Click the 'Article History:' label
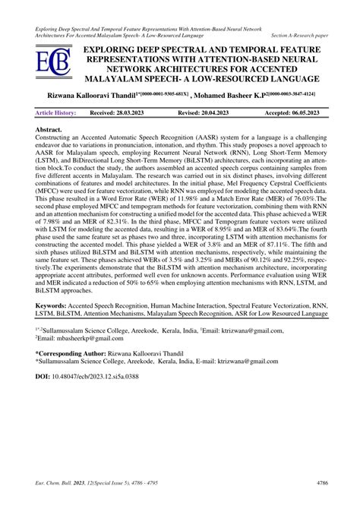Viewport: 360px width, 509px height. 56,112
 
